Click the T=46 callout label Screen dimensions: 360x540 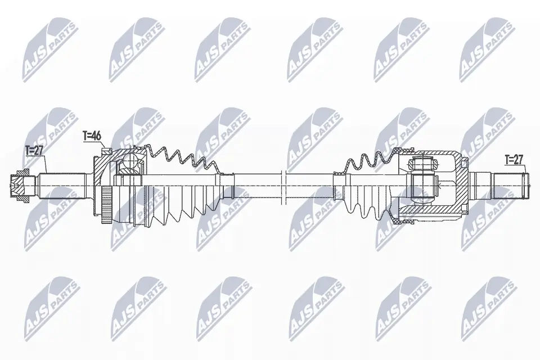point(91,135)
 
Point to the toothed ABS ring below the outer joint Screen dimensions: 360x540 point(105,209)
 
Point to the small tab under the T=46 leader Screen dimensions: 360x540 point(107,150)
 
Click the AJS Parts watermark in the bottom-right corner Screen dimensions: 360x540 point(487,307)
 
